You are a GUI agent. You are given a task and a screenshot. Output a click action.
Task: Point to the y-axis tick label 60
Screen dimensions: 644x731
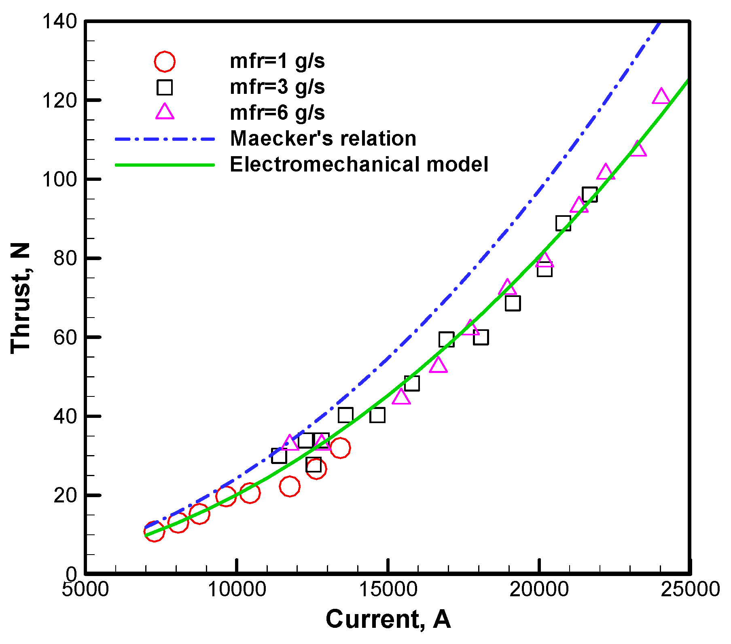[x=65, y=337]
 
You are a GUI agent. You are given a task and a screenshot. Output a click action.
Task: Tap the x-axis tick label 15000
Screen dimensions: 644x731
[x=388, y=589]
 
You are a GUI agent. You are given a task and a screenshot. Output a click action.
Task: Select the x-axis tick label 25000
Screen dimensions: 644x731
[x=690, y=589]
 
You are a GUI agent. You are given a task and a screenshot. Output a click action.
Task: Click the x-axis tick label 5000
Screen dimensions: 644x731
[x=85, y=589]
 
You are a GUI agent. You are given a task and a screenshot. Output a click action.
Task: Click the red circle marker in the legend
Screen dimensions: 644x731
[x=164, y=61]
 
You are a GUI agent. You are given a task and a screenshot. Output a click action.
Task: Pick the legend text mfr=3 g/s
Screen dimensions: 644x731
[x=277, y=87]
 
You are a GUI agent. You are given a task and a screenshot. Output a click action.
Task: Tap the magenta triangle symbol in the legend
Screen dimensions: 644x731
[x=165, y=112]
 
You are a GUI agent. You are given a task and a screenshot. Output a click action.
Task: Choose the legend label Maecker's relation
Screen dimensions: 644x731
[x=323, y=138]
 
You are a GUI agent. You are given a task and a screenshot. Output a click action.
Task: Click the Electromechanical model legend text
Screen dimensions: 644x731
[x=359, y=164]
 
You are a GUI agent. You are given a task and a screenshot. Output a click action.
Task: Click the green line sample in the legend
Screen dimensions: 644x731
[x=165, y=165]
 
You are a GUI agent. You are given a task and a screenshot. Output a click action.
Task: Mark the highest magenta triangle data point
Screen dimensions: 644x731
[x=661, y=97]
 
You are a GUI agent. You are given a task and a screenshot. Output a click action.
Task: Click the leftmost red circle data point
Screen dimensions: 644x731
[x=154, y=531]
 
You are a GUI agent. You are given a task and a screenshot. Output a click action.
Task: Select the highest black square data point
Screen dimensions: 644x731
[x=589, y=195]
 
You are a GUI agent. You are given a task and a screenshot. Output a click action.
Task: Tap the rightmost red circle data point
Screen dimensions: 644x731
[x=340, y=448]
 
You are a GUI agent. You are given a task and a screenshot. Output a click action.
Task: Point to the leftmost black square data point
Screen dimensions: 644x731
[x=279, y=456]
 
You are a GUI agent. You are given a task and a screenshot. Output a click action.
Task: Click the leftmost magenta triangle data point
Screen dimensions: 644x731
[x=290, y=443]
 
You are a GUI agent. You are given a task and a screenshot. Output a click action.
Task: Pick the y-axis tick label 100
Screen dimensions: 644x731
[x=59, y=179]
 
